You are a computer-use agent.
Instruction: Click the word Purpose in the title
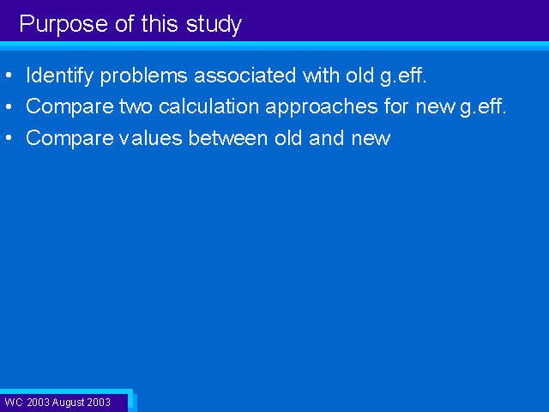(63, 25)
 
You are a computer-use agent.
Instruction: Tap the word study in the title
(214, 25)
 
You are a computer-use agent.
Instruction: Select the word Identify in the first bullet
(60, 76)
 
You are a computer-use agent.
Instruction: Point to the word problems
(143, 76)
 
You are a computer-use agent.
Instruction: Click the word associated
(244, 76)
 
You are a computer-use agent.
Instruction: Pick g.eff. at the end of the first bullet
(403, 76)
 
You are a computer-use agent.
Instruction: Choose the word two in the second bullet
(136, 106)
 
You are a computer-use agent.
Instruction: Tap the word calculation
(208, 106)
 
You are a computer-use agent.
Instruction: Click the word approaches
(322, 107)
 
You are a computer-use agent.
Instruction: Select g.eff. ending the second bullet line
(483, 107)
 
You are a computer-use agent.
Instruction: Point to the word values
(151, 138)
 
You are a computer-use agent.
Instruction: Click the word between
(228, 138)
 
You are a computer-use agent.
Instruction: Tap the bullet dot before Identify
(9, 76)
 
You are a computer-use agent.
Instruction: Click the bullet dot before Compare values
(9, 138)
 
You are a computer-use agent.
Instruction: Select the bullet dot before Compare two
(9, 106)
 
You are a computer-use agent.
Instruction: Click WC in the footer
(14, 403)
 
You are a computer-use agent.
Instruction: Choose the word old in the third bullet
(288, 138)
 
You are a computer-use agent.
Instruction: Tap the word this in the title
(160, 24)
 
